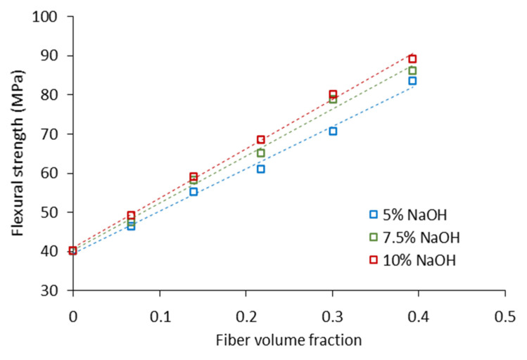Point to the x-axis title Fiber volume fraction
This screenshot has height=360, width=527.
coord(288,340)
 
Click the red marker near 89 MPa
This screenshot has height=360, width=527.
coord(413,58)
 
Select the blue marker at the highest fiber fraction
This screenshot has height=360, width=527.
coord(413,81)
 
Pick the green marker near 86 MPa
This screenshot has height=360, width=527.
coord(413,70)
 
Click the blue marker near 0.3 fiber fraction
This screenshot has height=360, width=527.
coord(333,131)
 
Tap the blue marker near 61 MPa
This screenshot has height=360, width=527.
coord(261,169)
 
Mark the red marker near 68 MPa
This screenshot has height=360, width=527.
coord(261,139)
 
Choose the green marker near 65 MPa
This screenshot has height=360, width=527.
coord(261,153)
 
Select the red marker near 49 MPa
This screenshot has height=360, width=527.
coord(131,215)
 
